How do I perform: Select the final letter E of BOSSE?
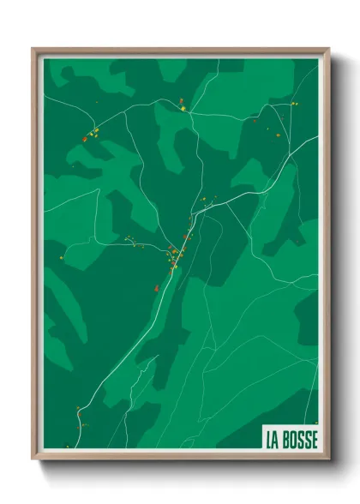314,439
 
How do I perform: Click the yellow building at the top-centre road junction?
183,108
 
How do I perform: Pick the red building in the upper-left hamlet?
85,138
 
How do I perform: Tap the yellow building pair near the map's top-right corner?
293,104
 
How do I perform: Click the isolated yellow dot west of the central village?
62,256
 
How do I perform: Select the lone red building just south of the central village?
156,288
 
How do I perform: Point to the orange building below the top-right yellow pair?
278,134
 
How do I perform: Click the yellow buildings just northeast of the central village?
204,203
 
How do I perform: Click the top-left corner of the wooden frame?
33,49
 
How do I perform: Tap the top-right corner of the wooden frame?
329,49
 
